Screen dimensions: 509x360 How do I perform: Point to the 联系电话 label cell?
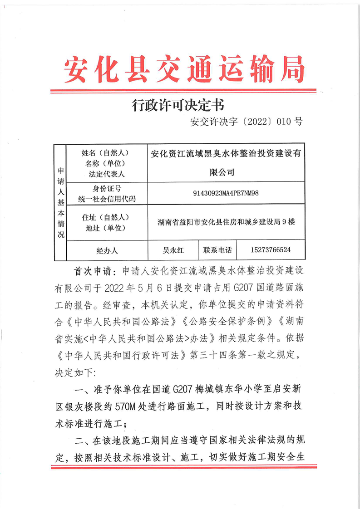pyautogui.click(x=217, y=250)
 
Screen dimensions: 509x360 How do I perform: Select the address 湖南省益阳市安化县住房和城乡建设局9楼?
pyautogui.click(x=226, y=222)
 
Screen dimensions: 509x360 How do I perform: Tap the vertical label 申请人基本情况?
pyautogui.click(x=60, y=202)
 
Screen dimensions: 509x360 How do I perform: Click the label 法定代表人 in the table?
pyautogui.click(x=107, y=173)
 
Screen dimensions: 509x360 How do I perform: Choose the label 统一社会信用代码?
pyautogui.click(x=107, y=199)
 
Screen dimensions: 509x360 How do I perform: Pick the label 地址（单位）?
pyautogui.click(x=107, y=228)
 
